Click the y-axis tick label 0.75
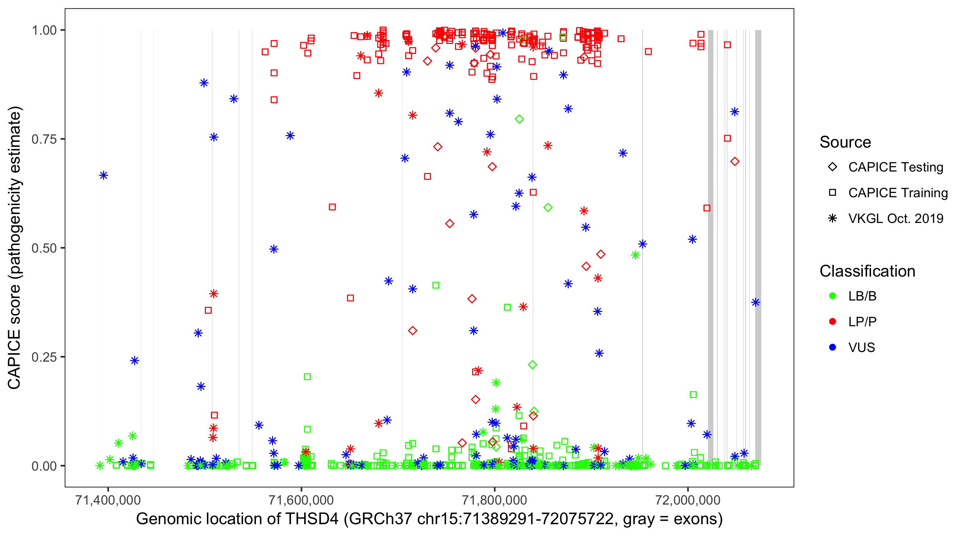[44, 139]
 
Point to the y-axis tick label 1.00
[44, 30]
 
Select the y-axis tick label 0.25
[44, 357]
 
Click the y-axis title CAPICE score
[15, 248]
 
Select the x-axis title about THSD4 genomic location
[429, 519]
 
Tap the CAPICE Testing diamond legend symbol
[832, 167]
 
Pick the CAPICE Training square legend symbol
[832, 193]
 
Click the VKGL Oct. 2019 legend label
[896, 218]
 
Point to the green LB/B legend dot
[832, 296]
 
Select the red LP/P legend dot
[832, 322]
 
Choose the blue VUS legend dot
[832, 347]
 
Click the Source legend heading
[845, 142]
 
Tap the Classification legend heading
[867, 271]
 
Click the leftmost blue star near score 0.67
[104, 175]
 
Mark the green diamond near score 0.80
[519, 119]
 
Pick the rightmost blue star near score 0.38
[756, 302]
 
